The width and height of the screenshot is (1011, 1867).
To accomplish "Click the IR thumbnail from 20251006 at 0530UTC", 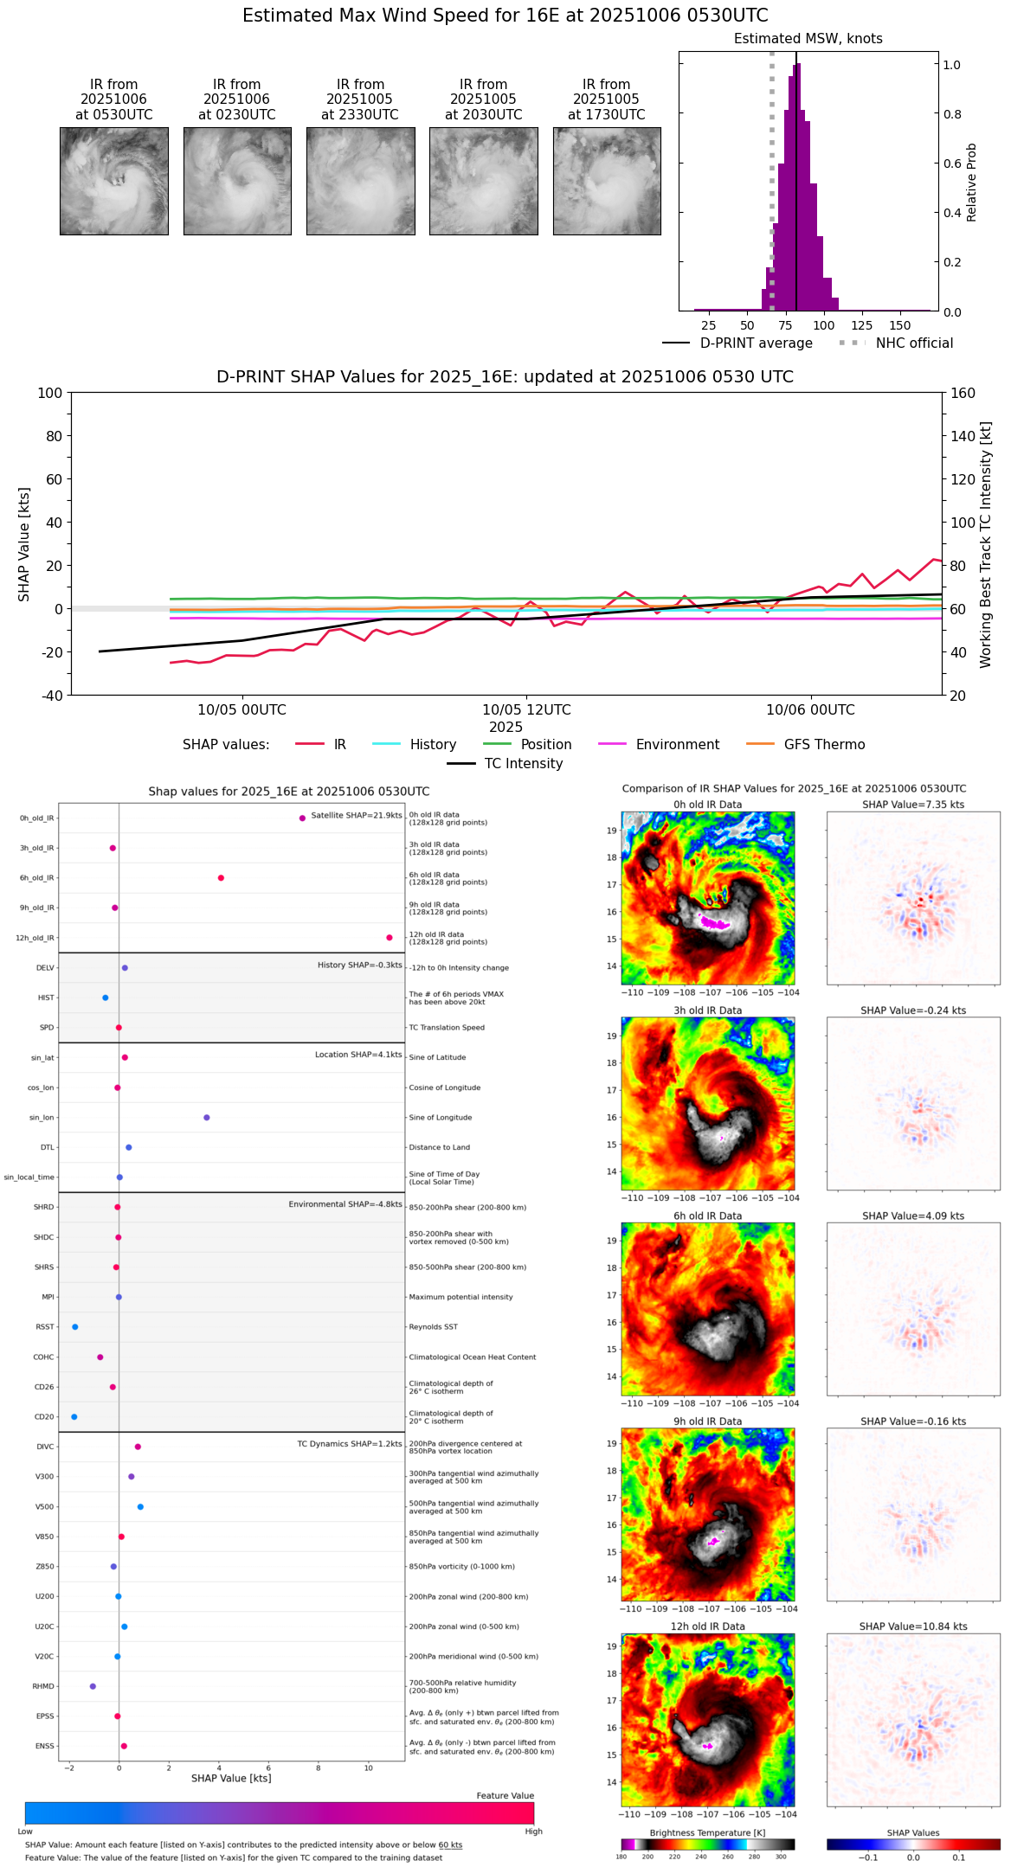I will pos(114,181).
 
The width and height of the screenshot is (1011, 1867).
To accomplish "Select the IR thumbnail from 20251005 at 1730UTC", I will pos(607,181).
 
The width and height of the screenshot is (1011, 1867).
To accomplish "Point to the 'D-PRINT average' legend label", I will pos(756,343).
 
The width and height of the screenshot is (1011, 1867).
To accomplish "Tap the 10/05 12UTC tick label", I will pos(526,710).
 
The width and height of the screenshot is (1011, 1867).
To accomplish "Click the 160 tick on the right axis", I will pos(963,393).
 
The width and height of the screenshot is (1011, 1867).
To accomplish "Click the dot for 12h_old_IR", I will pos(390,938).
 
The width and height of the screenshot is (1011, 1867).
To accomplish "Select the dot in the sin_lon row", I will pos(207,1118).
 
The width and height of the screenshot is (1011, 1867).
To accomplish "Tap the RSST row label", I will pos(45,1327).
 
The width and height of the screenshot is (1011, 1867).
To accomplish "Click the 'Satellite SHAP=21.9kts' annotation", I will pos(356,816).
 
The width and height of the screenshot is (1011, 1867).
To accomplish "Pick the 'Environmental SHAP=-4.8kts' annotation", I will pos(345,1204).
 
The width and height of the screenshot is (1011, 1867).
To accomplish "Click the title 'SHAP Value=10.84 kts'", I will pos(913,1627).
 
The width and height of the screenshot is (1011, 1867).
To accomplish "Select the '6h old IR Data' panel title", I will pos(707,1216).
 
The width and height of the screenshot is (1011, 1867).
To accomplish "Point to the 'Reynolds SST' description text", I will pos(433,1327).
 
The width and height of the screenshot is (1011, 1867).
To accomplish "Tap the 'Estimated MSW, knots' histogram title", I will pos(808,39).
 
